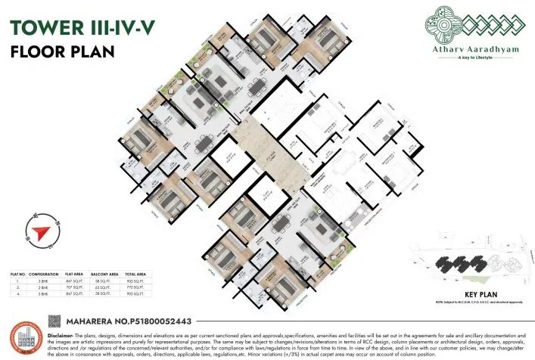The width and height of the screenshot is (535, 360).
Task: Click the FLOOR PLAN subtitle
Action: click(x=61, y=51)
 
